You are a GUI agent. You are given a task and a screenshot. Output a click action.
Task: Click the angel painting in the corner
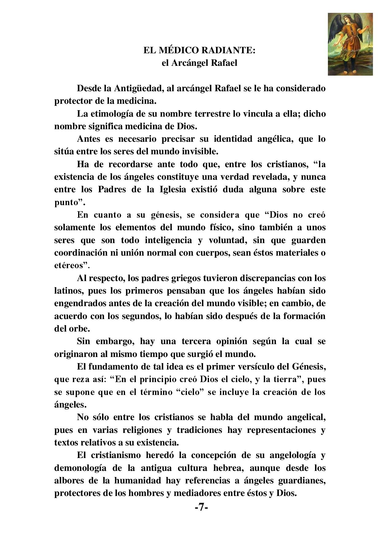pyautogui.click(x=350, y=44)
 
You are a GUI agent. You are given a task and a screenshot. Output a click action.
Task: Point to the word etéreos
pyautogui.click(x=69, y=265)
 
